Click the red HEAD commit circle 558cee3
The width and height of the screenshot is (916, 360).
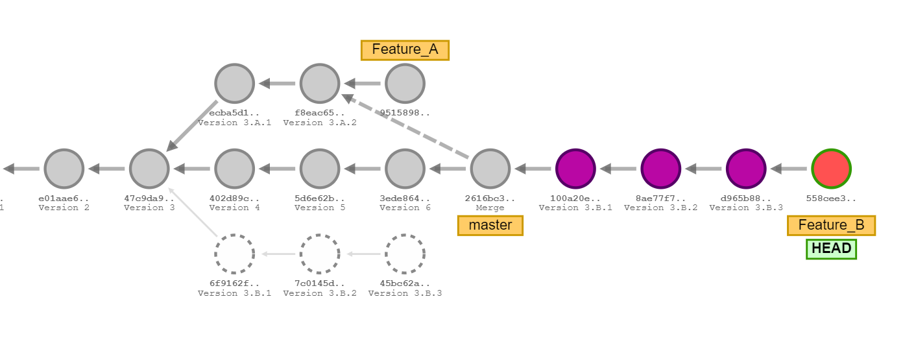[831, 169]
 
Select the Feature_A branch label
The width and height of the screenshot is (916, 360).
[405, 50]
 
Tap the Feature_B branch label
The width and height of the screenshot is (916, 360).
[831, 226]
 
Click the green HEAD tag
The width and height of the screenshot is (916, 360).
[831, 248]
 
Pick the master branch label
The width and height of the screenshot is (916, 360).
[490, 226]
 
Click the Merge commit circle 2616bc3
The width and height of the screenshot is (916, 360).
[490, 169]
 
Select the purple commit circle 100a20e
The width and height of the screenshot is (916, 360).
[575, 169]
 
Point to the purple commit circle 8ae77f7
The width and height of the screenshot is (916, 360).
[660, 169]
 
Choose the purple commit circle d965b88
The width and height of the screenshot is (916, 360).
[745, 169]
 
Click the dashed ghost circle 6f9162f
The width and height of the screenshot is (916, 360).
[234, 254]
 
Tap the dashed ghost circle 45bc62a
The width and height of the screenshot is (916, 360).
[405, 254]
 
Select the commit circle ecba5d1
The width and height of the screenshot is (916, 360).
[234, 84]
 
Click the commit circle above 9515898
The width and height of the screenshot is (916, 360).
[405, 84]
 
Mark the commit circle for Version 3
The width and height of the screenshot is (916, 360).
[149, 169]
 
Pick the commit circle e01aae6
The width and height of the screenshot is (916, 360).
[64, 169]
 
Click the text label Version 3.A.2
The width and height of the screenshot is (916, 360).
[320, 123]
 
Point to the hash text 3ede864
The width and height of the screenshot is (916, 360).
[405, 198]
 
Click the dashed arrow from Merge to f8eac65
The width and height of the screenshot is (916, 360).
[409, 127]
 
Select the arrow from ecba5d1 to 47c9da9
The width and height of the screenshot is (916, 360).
[192, 126]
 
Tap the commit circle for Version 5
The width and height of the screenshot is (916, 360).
[320, 169]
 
